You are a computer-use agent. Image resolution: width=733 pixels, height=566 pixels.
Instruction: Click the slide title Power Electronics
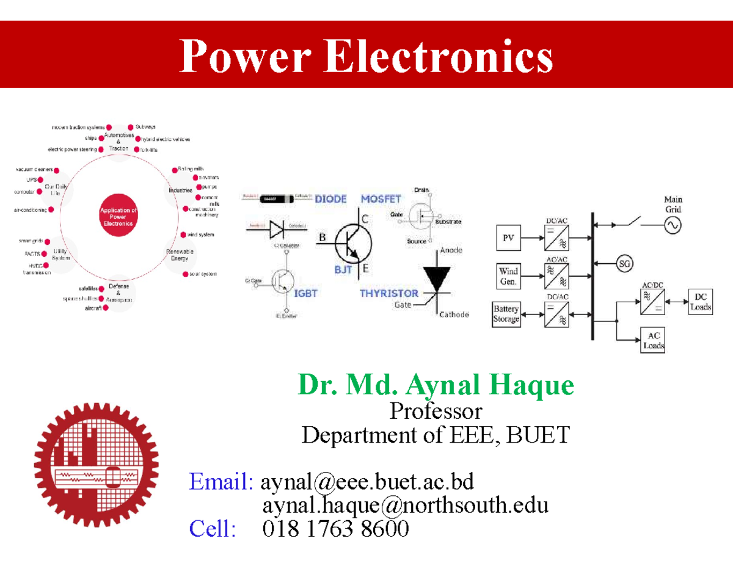coord(366,56)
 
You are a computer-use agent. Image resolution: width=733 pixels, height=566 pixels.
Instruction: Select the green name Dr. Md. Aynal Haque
coord(436,385)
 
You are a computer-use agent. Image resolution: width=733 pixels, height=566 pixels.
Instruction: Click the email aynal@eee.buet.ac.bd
coord(367,482)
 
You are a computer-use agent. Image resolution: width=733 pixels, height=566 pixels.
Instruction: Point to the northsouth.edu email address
coord(405,505)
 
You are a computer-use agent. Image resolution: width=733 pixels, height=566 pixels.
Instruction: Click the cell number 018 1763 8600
coord(335,528)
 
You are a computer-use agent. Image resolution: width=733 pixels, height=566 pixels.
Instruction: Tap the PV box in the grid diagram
coord(508,239)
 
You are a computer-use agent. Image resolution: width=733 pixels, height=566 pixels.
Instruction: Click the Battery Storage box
coord(506,314)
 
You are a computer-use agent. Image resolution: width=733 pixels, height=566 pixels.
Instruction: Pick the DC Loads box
coord(700,302)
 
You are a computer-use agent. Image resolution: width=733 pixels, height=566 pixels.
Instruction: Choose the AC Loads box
coord(653,341)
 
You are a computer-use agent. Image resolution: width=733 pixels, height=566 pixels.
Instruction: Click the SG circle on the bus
coord(624,264)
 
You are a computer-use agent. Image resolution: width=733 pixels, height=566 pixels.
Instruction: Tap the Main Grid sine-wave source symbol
coord(673,225)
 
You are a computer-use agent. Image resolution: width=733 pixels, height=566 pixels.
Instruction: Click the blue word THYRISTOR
coord(388,293)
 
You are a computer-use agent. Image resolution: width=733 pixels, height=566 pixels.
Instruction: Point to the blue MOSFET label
coord(381,199)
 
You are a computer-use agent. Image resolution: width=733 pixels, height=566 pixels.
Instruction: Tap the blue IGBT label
coord(306,293)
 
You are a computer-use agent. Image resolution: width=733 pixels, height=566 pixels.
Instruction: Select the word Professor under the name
coord(436,411)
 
